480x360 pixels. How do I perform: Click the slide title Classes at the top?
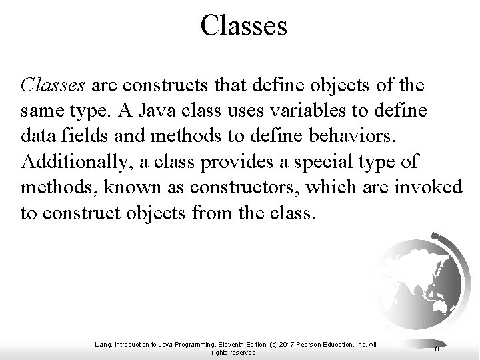pyautogui.click(x=243, y=26)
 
